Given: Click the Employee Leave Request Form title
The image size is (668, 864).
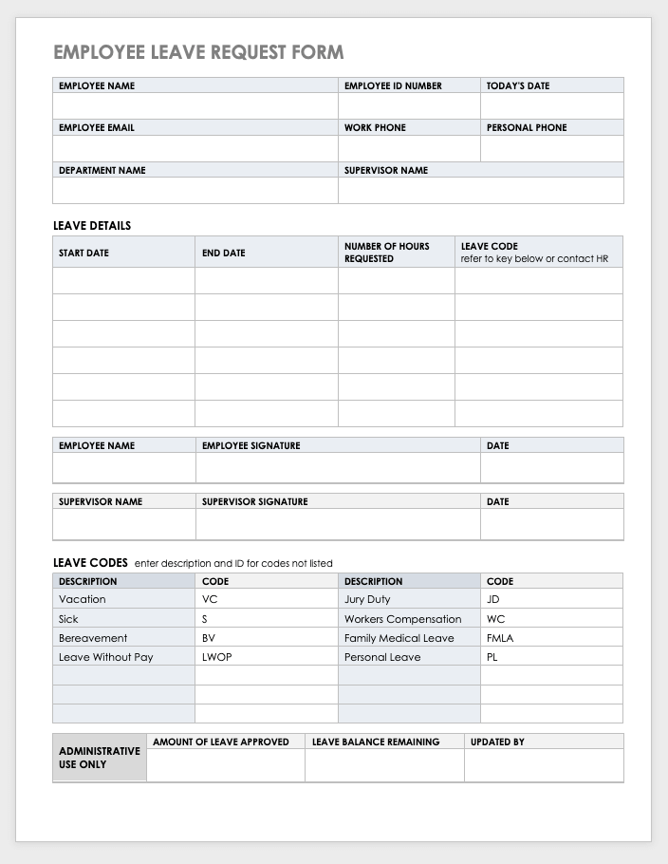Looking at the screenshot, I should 198,52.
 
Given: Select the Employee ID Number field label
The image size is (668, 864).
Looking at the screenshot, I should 393,85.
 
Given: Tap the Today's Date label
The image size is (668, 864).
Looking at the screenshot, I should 518,85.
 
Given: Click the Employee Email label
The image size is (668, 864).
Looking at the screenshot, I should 96,127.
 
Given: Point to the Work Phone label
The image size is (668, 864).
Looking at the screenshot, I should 375,127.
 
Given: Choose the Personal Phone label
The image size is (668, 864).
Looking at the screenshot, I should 527,127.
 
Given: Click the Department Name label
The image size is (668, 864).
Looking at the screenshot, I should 102,170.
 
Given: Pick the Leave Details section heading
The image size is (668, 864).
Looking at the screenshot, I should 92,226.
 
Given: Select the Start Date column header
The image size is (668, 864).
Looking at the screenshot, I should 83,254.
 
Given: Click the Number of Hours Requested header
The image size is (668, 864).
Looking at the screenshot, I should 386,252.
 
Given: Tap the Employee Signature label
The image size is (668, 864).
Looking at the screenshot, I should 250,445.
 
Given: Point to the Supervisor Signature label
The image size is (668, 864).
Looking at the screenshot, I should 254,501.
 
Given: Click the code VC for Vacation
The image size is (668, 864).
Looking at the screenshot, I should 210,599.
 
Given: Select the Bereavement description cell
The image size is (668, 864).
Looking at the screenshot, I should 93,638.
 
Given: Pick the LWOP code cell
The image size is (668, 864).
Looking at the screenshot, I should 216,657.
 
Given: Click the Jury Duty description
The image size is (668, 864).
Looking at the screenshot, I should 367,599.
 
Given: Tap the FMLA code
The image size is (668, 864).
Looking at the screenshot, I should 500,638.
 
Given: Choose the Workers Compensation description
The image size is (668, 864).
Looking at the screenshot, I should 402,619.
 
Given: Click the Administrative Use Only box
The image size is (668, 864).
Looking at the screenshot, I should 100,757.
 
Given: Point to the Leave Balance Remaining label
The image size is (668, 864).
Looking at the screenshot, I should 376,742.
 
